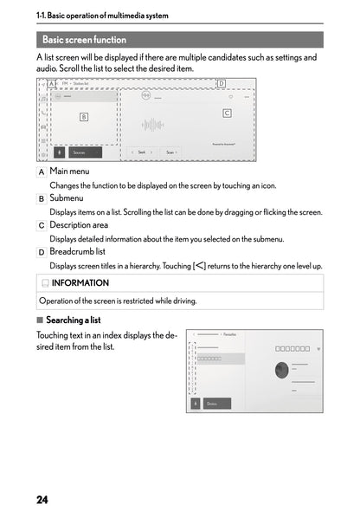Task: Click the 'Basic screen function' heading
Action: [x=84, y=40]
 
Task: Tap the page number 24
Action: [x=42, y=500]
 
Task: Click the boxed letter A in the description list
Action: [x=42, y=171]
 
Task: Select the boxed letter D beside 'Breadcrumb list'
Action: [x=42, y=252]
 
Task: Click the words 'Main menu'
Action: [x=69, y=171]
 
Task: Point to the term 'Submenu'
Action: [x=67, y=198]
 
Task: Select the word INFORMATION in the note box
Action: [x=80, y=282]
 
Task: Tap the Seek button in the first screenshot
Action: [x=141, y=152]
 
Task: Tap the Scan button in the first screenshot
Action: [x=171, y=152]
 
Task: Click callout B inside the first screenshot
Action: [x=83, y=115]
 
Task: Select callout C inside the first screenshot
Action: [x=227, y=113]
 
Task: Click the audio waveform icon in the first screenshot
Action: [x=152, y=125]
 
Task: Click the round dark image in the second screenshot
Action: [x=281, y=370]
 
